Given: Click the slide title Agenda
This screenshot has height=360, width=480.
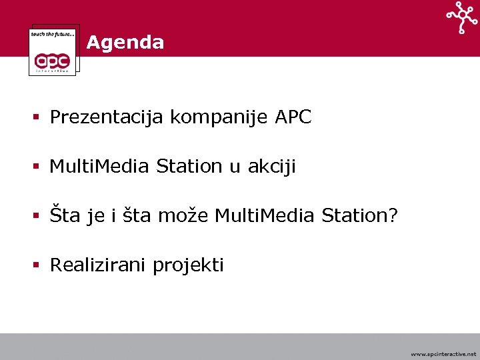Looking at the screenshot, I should click(125, 43).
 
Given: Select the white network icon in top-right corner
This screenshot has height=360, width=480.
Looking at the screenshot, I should click(462, 17).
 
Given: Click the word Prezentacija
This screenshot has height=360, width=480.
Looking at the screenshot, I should click(107, 117).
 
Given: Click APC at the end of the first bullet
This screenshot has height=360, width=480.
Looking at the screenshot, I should click(293, 117).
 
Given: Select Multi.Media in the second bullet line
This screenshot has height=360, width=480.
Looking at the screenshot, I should click(99, 167).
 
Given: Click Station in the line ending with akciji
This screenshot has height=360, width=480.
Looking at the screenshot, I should click(189, 167).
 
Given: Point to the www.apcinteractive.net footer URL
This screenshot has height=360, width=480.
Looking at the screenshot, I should click(443, 353).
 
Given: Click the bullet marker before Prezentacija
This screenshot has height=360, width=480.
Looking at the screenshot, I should click(38, 118).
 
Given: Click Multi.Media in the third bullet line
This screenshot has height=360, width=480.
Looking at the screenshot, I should click(265, 216).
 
